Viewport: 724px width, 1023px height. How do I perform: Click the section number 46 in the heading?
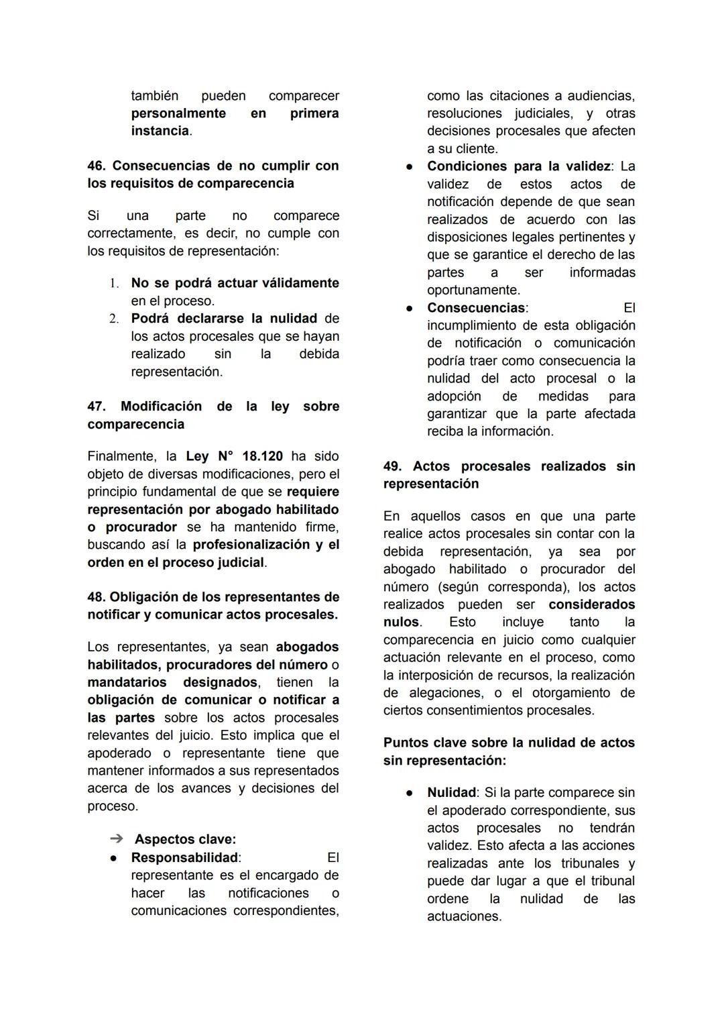pos(96,166)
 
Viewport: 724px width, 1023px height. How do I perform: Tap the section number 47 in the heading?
pos(96,407)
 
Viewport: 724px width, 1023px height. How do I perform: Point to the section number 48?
pos(96,597)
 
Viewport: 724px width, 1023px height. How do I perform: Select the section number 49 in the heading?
pos(392,466)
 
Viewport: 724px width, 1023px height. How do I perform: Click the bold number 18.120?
pos(262,456)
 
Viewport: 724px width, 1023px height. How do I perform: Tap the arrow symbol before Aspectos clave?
pos(117,839)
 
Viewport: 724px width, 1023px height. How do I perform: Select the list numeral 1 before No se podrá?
pos(114,284)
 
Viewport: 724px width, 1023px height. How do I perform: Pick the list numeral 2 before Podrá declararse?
pos(114,319)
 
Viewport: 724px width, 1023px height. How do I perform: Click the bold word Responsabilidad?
pos(184,858)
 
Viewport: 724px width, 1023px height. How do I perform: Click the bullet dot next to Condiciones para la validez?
pos(408,166)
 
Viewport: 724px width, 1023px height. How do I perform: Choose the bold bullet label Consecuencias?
pos(476,308)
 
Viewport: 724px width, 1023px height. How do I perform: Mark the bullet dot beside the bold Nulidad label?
pos(408,793)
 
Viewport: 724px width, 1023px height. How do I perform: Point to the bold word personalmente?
pos(178,113)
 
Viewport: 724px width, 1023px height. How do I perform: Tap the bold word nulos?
pos(401,622)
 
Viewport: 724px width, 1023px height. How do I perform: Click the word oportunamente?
pos(473,290)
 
